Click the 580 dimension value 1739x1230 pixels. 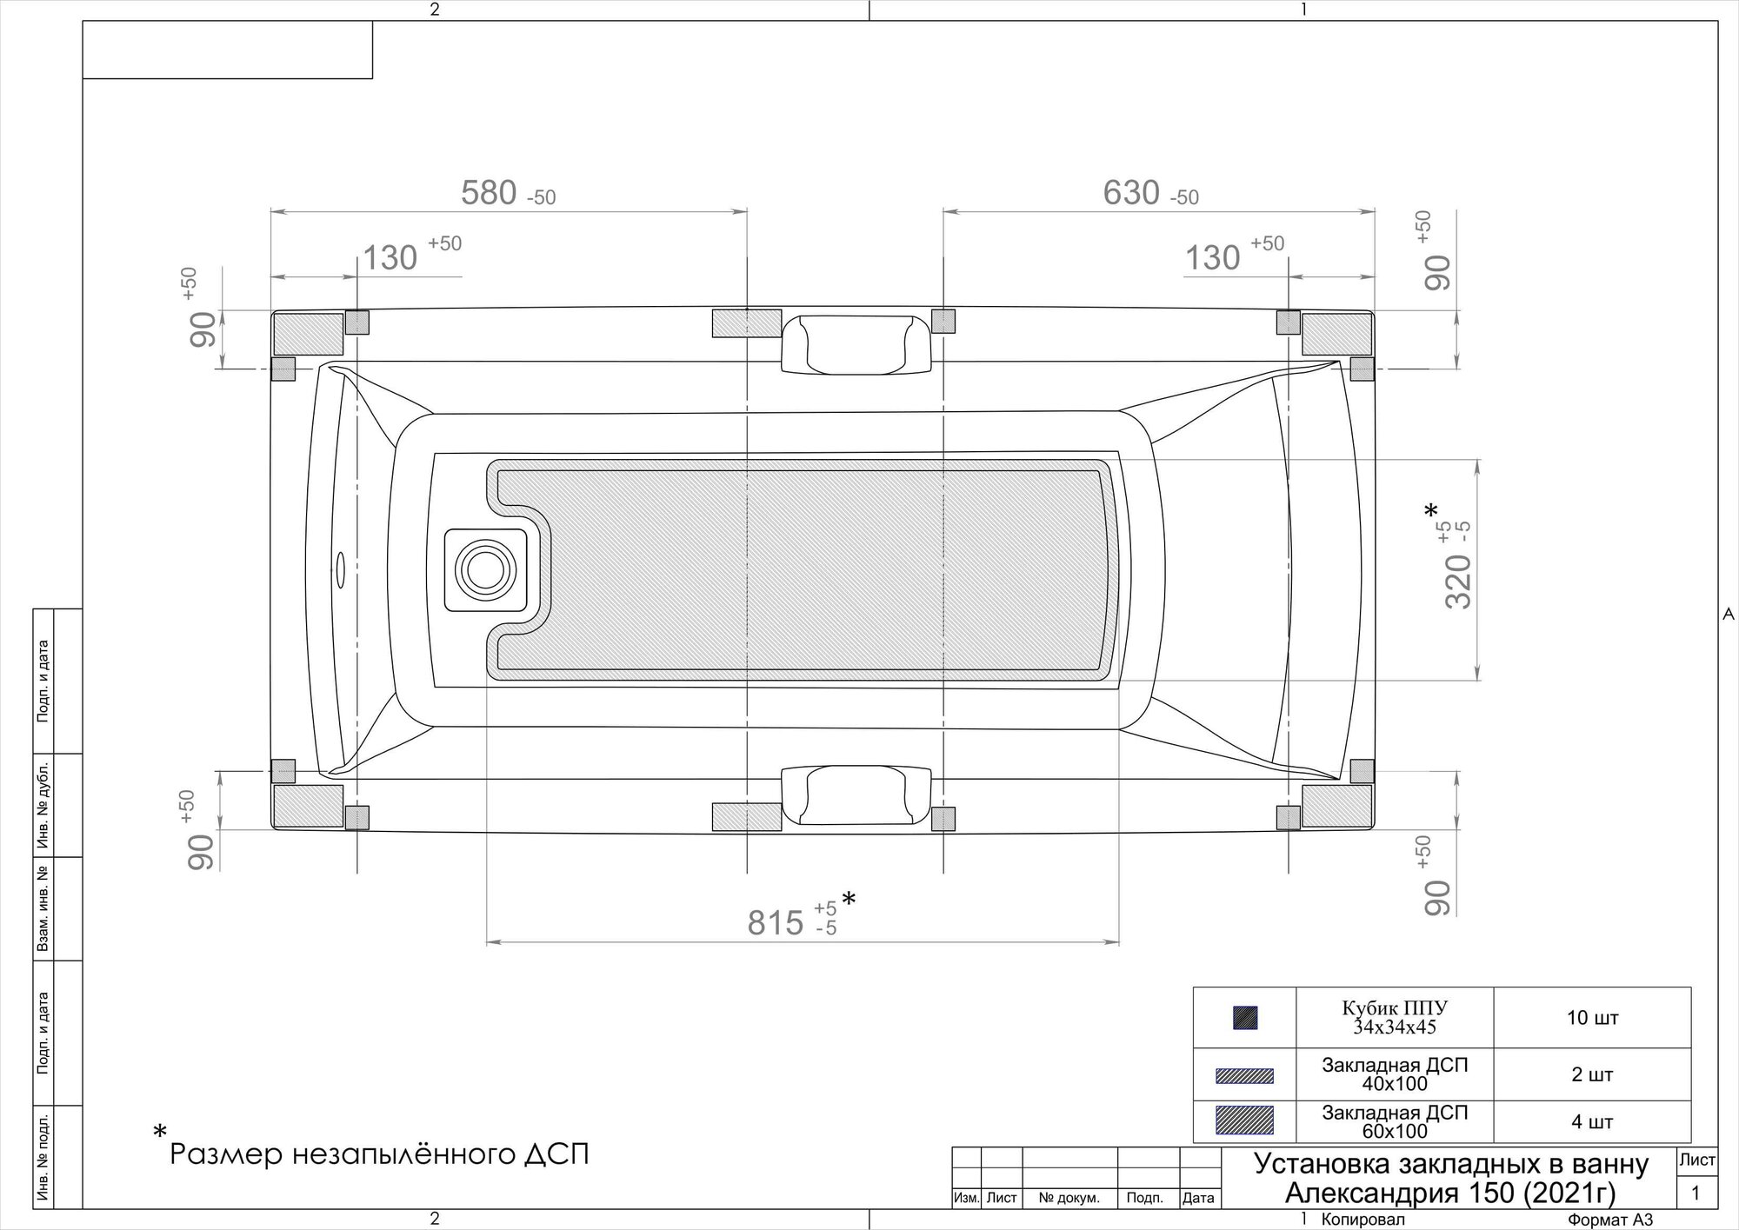pyautogui.click(x=489, y=192)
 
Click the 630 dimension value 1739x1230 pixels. pyautogui.click(x=1131, y=192)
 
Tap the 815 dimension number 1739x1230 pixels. pyautogui.click(x=776, y=922)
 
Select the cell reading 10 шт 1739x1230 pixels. pyautogui.click(x=1592, y=1017)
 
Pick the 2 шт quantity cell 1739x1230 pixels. pyautogui.click(x=1592, y=1074)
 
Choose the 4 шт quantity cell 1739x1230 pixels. pyautogui.click(x=1592, y=1121)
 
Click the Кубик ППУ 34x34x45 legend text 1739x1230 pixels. pyautogui.click(x=1395, y=1017)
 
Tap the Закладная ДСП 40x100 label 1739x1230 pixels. pyautogui.click(x=1395, y=1074)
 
